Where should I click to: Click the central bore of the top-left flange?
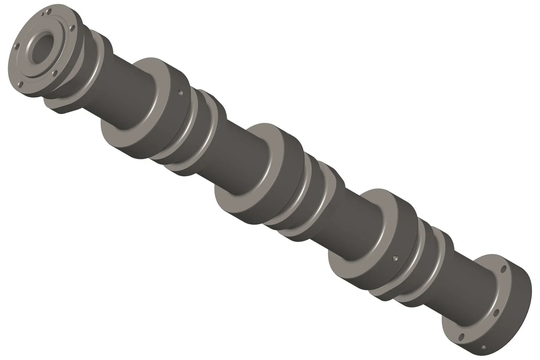coord(42,46)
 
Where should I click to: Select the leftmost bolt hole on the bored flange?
coord(16,46)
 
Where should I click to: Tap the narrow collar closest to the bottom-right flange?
coord(438,249)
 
